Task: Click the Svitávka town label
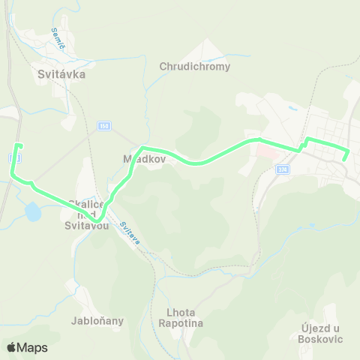[x=61, y=74]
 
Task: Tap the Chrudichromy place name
[x=194, y=66]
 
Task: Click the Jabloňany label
[x=97, y=321]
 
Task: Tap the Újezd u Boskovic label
[x=314, y=333]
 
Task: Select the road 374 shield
[x=282, y=170]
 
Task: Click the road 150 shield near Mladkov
[x=104, y=127]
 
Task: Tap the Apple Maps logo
[x=27, y=347]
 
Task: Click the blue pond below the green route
[x=33, y=213]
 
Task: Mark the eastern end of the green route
[x=343, y=159]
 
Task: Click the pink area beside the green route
[x=263, y=152]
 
